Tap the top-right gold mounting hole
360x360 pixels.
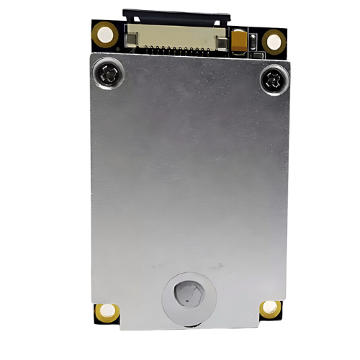[274, 40]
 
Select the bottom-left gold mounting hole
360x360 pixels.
[107, 311]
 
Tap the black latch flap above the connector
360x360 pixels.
[176, 14]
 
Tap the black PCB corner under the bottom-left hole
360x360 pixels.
[99, 319]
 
